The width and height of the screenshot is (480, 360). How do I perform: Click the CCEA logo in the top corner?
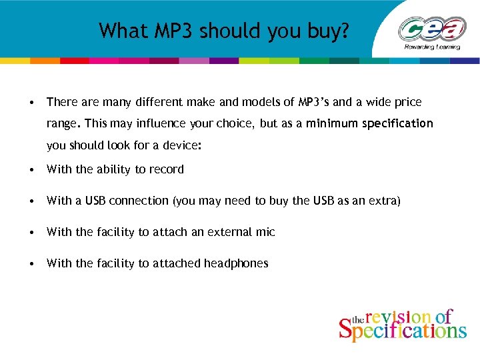(431, 30)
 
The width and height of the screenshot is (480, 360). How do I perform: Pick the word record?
(167, 169)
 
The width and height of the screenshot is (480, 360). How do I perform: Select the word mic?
(265, 232)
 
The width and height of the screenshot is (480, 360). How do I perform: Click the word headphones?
(236, 263)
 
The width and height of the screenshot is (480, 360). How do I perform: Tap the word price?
(408, 102)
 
